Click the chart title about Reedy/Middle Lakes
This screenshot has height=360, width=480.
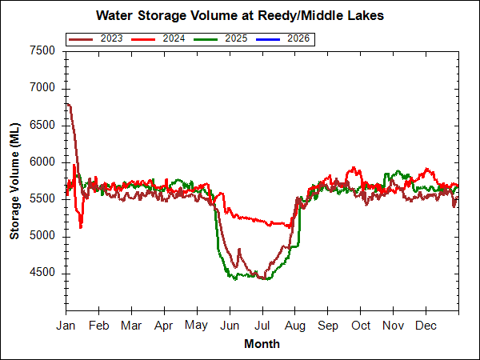coord(239,15)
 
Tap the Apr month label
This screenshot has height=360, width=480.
coord(164,326)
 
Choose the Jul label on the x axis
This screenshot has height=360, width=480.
coord(262,326)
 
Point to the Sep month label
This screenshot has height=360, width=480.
coord(328,326)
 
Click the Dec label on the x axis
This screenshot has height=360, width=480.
coord(426,326)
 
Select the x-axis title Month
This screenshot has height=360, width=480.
coord(262,344)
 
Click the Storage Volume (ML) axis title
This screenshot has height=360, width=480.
coord(15,180)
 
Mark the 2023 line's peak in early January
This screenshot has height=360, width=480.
coord(69,104)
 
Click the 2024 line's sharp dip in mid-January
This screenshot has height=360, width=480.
coord(81,227)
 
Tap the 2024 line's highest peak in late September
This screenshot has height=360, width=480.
coord(353,168)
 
